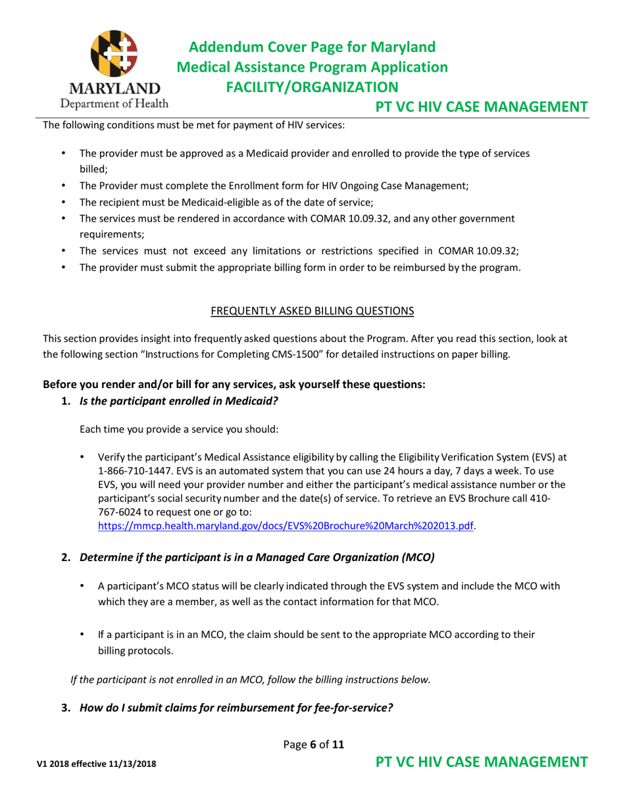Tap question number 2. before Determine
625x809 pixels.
click(66, 558)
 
